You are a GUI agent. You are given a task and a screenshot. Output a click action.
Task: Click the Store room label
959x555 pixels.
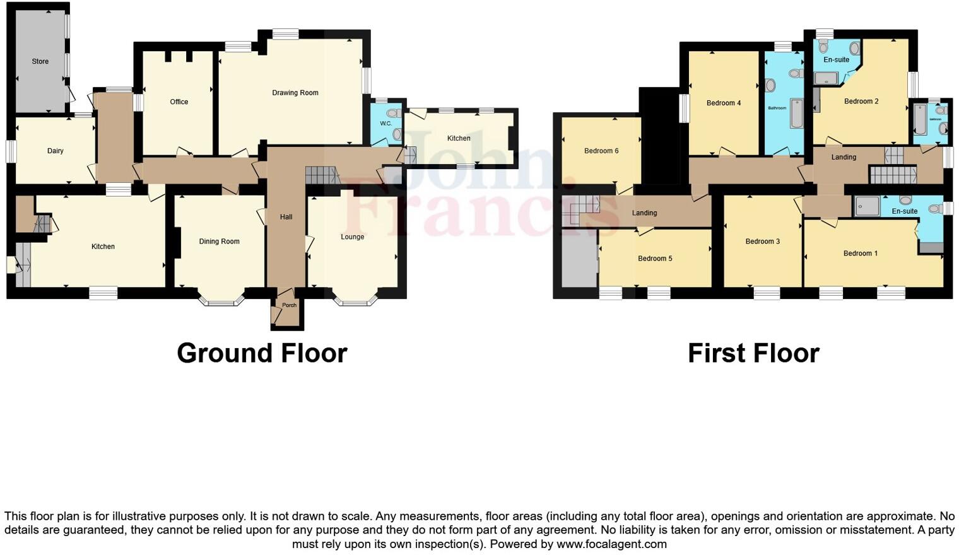click(40, 62)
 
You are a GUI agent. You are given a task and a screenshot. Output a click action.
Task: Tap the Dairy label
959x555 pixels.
click(55, 151)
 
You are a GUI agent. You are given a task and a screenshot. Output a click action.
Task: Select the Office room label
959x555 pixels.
click(179, 102)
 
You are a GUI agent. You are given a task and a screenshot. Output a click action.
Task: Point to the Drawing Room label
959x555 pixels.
click(295, 93)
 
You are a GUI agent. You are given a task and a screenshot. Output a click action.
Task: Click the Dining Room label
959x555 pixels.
click(219, 242)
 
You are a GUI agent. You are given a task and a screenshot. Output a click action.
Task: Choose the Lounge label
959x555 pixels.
click(352, 237)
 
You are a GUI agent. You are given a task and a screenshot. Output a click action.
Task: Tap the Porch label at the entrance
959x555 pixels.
click(289, 305)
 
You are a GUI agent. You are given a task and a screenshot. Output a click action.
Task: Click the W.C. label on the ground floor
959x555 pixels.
click(385, 124)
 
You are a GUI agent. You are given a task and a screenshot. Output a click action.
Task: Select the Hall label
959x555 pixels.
click(286, 217)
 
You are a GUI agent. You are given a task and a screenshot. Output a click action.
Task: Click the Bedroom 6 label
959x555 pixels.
click(601, 151)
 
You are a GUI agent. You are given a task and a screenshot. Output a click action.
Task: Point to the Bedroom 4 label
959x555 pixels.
click(723, 103)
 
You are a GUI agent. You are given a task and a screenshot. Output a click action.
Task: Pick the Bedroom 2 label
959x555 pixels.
click(861, 102)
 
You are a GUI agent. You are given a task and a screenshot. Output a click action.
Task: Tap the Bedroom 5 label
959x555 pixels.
click(654, 259)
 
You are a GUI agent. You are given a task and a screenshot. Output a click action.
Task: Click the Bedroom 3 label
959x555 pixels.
click(762, 242)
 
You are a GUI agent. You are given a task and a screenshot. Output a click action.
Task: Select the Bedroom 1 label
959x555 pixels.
click(860, 254)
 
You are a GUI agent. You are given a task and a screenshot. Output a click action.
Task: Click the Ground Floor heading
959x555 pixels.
click(262, 353)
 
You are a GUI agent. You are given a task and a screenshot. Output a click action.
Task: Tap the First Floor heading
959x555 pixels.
click(753, 353)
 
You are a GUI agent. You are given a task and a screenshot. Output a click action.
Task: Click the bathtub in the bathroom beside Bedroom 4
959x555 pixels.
click(796, 114)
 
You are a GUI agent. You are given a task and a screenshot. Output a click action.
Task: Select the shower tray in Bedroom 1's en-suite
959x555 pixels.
click(867, 206)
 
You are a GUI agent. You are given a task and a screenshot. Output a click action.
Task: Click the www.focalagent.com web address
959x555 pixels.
click(611, 544)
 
